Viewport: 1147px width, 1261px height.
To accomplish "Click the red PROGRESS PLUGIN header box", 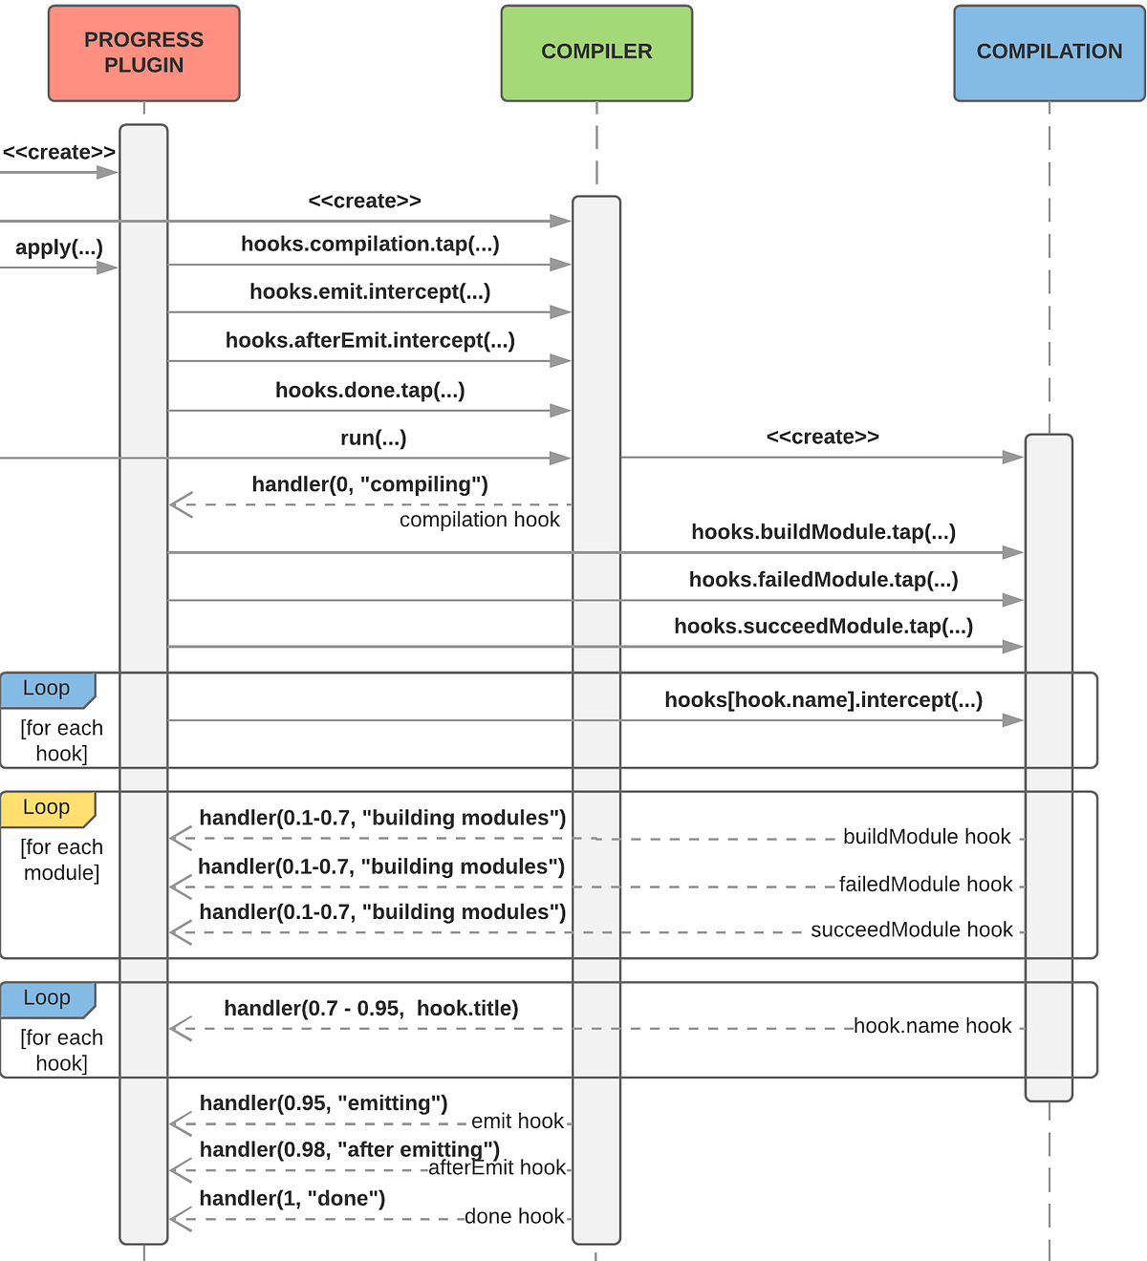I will [x=143, y=53].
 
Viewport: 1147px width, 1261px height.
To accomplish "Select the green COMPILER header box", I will [x=596, y=53].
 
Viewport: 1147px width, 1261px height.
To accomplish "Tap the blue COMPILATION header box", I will [x=1049, y=53].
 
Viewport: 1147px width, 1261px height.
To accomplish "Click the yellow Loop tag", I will [x=47, y=808].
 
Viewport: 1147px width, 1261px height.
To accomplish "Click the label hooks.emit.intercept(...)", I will [x=370, y=292].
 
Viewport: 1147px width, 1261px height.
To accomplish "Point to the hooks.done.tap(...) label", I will [x=370, y=391].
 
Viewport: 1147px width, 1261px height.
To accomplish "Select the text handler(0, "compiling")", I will [x=370, y=485].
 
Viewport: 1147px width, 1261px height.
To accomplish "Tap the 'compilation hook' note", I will [x=479, y=520].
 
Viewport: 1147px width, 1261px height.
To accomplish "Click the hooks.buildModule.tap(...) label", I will [x=823, y=532].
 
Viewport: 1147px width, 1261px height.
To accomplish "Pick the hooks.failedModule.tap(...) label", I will [x=823, y=580].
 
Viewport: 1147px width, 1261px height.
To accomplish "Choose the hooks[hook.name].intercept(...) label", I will [x=823, y=700].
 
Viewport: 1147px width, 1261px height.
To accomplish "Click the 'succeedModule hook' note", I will [x=911, y=930].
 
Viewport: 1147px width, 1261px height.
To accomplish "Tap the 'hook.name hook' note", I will [x=932, y=1026].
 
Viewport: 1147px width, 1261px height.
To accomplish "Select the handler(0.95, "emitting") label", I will [x=323, y=1103].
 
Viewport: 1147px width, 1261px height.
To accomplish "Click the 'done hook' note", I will [x=513, y=1217].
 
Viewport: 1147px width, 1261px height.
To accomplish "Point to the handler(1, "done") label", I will [x=292, y=1199].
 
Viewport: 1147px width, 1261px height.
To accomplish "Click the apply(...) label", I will [x=59, y=248].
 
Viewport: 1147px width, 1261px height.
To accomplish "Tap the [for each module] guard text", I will [x=61, y=860].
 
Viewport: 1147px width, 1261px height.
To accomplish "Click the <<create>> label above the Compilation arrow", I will [x=822, y=438].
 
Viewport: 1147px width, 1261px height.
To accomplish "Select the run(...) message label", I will [x=373, y=438].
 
